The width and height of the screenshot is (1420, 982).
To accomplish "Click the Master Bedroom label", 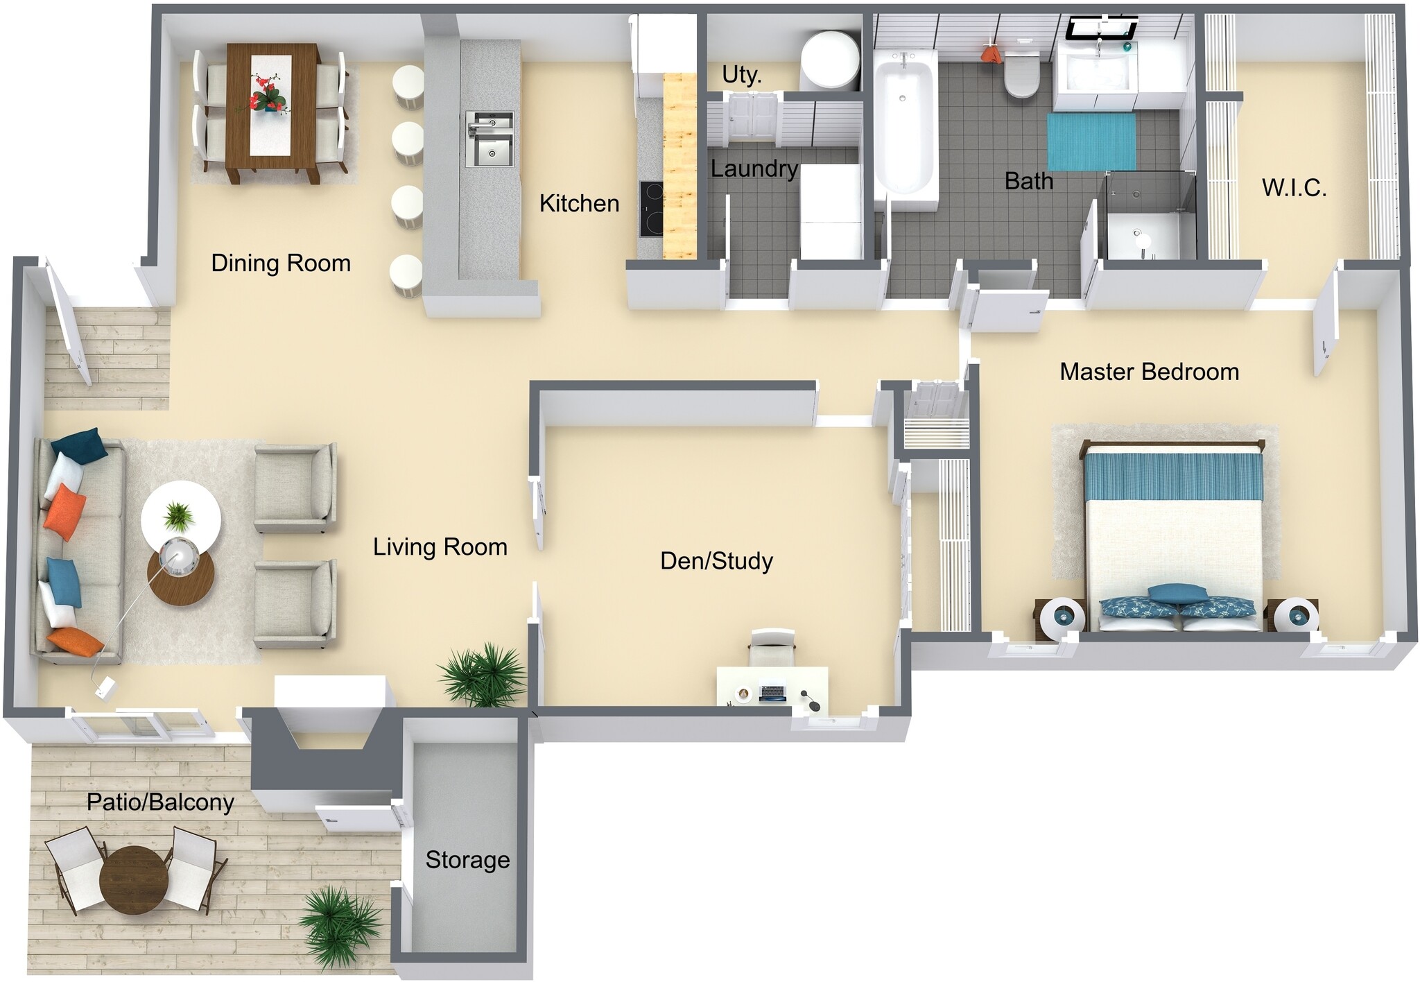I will pos(1149,372).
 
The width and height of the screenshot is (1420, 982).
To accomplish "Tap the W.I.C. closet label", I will pos(1294,188).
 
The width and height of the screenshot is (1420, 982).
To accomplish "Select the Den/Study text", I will pos(716,560).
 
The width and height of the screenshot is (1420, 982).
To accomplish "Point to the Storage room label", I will pos(467,860).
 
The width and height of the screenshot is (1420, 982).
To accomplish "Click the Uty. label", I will pos(741,74).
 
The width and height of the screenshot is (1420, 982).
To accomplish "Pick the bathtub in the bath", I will pos(902,125).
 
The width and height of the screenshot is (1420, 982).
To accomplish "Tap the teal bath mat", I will pos(1091,141).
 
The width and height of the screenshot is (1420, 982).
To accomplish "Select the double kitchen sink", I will pos(490,139).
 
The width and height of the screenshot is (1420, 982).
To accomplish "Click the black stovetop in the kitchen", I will pos(651,209).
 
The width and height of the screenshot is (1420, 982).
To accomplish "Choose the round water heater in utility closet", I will pos(829,60).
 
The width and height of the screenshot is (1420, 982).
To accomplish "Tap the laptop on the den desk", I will pos(772,692).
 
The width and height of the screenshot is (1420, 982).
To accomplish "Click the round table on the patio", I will pos(134,880).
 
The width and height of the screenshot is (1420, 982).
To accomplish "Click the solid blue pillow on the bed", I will pos(1167,592).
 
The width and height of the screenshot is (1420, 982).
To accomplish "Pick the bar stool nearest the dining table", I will pos(408,87).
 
